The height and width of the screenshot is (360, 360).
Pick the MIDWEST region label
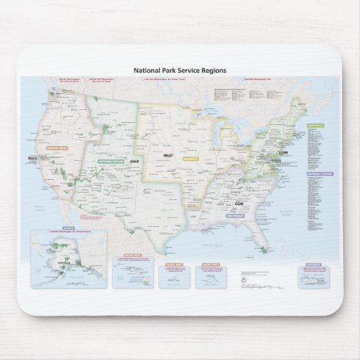[190, 158]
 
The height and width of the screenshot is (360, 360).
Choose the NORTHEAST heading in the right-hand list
[314, 126]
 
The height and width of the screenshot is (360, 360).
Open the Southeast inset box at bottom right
[314, 274]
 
